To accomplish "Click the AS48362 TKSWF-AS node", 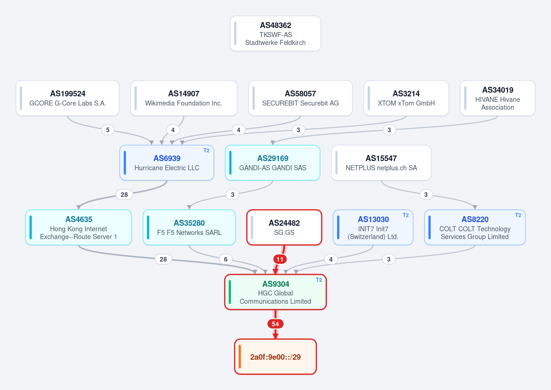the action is (275, 33).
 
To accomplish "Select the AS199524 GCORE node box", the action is (67, 98).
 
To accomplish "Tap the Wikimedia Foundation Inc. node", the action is (184, 98).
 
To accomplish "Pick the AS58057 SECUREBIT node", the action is (300, 98).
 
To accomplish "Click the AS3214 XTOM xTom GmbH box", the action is (406, 98).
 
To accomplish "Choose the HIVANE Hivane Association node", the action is (498, 98).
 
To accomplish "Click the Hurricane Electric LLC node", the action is (167, 163).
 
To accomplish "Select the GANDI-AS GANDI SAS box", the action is (273, 163).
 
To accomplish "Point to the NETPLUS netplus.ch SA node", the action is (381, 163).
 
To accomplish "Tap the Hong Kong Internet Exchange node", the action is (79, 227).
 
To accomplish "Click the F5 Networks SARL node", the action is (189, 227).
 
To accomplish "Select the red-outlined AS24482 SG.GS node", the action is (284, 227).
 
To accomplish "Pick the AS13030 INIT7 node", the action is (373, 227).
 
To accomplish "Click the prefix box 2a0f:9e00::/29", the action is (275, 357).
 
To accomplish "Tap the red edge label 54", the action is (275, 324).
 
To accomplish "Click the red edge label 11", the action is (280, 259).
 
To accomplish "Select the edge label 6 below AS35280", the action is (225, 259).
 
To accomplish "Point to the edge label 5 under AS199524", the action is (108, 130).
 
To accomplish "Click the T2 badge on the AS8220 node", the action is (518, 215).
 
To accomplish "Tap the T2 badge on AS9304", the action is (319, 280).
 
